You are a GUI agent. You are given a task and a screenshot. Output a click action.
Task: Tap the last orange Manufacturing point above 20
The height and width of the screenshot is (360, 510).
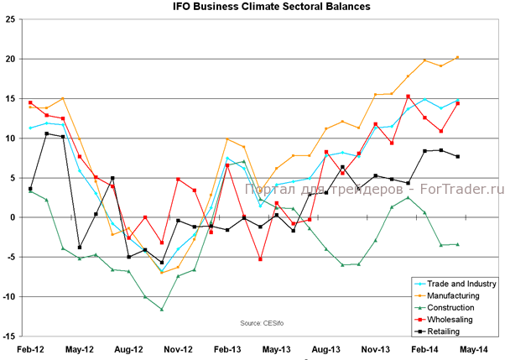[x=456, y=57]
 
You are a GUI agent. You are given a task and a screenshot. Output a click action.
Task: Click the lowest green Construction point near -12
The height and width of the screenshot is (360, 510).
[x=161, y=309]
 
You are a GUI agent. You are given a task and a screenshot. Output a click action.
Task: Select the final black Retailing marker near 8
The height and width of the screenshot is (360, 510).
[x=457, y=156]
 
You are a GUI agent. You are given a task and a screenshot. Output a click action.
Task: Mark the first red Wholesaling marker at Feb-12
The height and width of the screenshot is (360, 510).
[x=30, y=102]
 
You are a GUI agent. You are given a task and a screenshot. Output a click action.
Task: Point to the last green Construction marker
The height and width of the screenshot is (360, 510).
[x=457, y=244]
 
